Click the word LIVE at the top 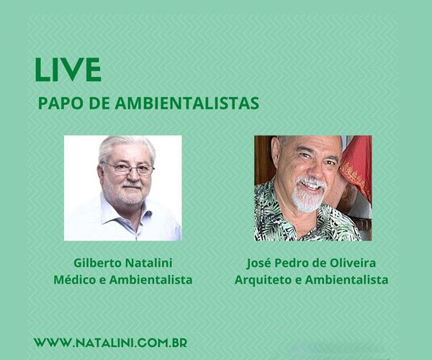point(68,69)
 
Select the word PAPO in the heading point(57,103)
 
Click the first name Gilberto point(98,264)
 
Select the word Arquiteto point(261,279)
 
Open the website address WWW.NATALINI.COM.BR point(110,343)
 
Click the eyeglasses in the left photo point(128,168)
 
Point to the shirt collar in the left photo point(115,210)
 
